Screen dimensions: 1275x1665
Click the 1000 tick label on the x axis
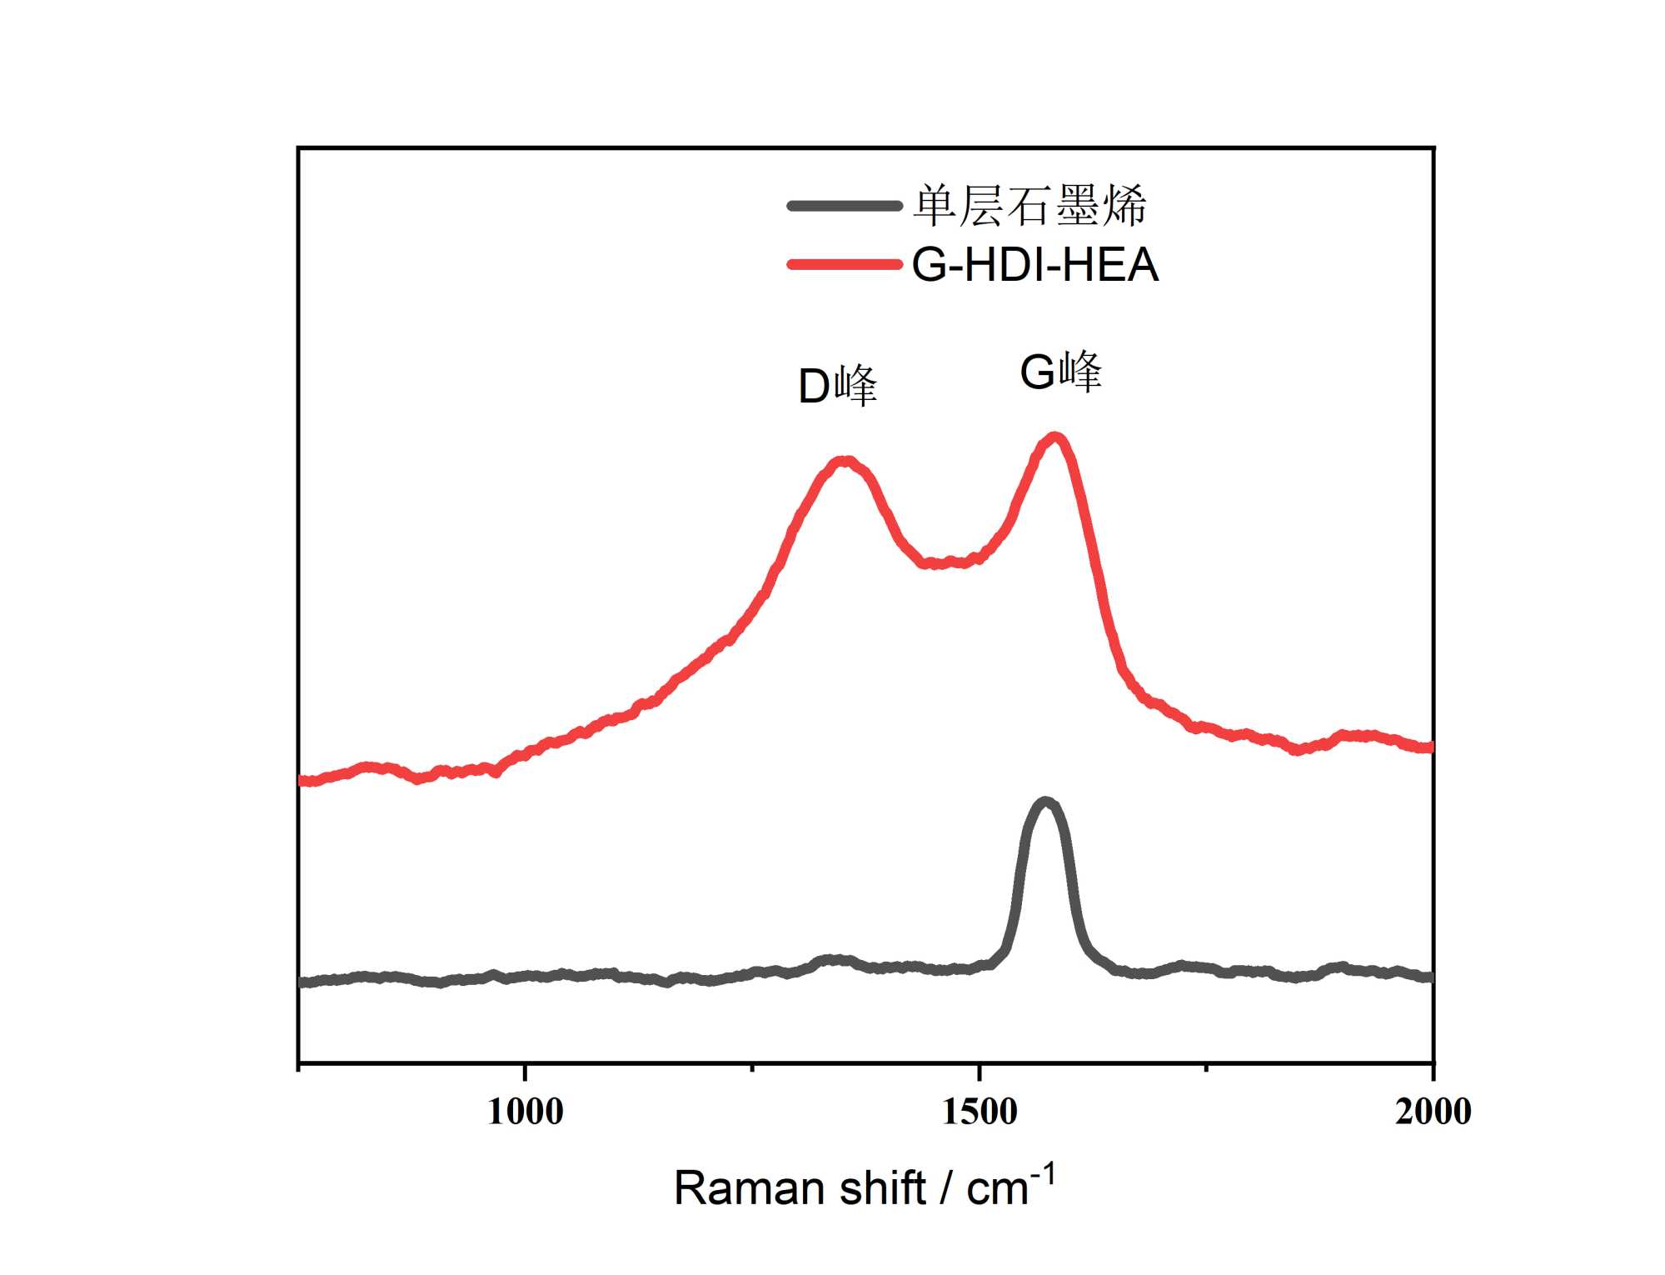(525, 1112)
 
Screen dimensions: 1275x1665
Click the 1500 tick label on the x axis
(980, 1112)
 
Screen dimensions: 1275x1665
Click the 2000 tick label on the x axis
(1433, 1112)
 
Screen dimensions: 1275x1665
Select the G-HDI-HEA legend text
(1034, 265)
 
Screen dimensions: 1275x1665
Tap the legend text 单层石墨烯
(1029, 206)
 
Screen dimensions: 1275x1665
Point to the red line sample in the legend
(845, 265)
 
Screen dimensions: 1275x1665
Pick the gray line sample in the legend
(845, 206)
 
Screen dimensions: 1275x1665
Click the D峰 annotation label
(837, 386)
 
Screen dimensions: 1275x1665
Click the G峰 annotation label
(1060, 372)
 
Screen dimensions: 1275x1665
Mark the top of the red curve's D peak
(845, 461)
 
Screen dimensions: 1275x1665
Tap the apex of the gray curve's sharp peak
(1045, 802)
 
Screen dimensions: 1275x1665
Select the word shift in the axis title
(881, 1188)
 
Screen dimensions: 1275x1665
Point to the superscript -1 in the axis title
(1043, 1176)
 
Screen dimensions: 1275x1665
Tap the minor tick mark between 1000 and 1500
(752, 1067)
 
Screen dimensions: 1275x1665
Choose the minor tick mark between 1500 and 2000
(1206, 1067)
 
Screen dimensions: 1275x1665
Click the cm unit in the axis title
(996, 1190)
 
